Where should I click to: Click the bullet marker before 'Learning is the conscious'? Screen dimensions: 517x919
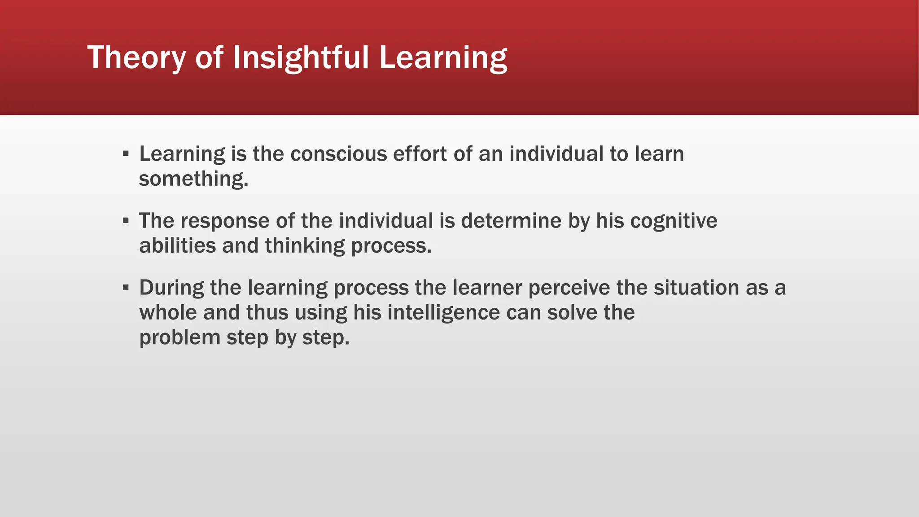point(126,154)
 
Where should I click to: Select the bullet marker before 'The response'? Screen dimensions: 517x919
point(126,221)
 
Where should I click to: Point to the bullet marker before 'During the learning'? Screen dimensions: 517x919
point(126,288)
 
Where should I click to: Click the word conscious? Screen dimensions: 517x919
point(338,154)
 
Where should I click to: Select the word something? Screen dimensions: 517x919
point(193,179)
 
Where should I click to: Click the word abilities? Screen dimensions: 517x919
point(177,246)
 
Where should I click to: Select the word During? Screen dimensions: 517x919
point(171,288)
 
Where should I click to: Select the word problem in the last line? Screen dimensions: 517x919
point(179,337)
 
